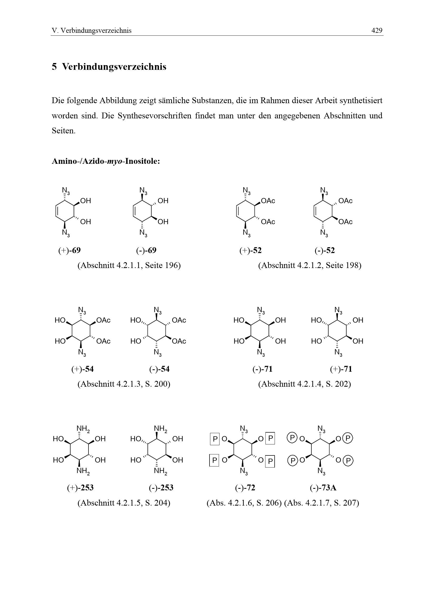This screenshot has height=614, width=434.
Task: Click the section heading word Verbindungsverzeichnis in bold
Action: [114, 67]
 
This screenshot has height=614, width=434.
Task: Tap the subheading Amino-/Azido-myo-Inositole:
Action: [106, 161]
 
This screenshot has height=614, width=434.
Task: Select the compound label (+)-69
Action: [70, 250]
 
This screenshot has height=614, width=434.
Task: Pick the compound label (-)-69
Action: [146, 250]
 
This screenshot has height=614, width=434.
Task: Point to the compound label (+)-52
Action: [250, 250]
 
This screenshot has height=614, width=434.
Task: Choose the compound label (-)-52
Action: [325, 250]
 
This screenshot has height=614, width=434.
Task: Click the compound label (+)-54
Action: [82, 369]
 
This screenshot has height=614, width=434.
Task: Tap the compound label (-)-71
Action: [262, 369]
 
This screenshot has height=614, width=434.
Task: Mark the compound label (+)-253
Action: [80, 488]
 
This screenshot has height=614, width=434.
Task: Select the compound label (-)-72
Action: [245, 488]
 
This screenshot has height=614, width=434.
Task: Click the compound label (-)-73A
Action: [323, 488]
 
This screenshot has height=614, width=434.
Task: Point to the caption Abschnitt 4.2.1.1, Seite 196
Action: [129, 265]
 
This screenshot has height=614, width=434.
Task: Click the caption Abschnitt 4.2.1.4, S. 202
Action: [304, 384]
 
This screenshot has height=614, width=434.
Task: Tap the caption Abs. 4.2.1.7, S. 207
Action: [322, 503]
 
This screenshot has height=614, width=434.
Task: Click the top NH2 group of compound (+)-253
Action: [83, 429]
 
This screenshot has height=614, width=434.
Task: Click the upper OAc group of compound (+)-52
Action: [268, 201]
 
